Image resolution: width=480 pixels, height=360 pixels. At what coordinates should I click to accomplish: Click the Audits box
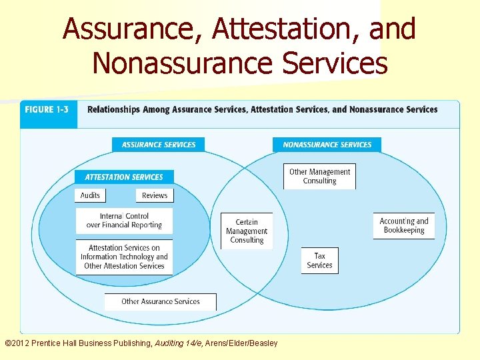point(90,195)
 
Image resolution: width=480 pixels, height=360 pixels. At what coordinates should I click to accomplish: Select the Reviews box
point(155,195)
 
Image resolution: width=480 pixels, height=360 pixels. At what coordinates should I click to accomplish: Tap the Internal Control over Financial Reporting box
point(124,221)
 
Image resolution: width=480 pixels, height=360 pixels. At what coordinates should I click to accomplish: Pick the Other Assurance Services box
point(161,301)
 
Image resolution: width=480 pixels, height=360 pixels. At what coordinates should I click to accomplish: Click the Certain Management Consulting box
point(247,231)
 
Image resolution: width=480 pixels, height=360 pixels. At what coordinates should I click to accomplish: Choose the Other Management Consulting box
point(319,176)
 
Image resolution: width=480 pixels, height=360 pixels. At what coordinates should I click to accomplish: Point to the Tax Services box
point(319,260)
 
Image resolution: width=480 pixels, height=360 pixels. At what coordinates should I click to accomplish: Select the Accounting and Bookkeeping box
point(404,225)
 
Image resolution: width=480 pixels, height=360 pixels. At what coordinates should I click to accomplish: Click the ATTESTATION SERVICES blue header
point(124,177)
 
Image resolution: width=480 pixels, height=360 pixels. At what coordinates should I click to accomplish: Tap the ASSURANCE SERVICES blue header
point(159,145)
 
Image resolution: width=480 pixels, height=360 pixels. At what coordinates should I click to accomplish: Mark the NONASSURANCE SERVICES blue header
point(327,145)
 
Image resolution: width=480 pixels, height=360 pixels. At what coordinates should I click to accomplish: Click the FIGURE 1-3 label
point(47,109)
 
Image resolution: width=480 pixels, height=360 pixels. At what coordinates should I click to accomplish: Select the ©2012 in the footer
point(20,343)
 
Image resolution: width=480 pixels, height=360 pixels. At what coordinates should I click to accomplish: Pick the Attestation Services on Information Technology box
point(124,257)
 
